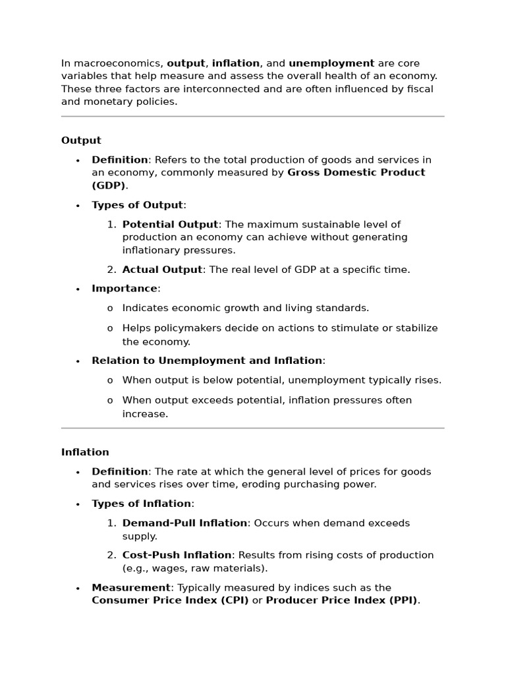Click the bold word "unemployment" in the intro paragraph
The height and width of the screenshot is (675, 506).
(x=331, y=63)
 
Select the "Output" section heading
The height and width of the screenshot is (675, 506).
(x=81, y=140)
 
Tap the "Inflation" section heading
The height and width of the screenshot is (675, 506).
(x=85, y=452)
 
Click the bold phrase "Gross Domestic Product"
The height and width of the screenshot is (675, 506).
(x=356, y=173)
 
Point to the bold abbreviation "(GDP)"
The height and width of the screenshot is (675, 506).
(x=108, y=185)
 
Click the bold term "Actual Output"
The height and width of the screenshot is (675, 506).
(x=162, y=270)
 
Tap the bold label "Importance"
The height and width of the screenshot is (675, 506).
(x=125, y=289)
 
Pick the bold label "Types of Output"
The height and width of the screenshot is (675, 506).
(x=138, y=205)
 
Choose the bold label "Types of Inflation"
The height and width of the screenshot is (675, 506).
(x=141, y=504)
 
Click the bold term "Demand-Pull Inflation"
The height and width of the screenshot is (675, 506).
(x=184, y=523)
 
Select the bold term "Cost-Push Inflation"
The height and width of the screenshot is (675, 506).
(x=177, y=555)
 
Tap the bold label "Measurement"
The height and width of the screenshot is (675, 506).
(x=131, y=587)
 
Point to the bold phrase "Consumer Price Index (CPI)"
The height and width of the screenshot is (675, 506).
(x=170, y=601)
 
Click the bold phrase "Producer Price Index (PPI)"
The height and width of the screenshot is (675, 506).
(x=341, y=601)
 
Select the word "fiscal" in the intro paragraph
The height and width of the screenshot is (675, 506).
(x=419, y=89)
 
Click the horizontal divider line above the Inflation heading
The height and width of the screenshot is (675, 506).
(x=253, y=428)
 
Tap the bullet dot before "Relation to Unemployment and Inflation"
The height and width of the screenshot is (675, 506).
(x=78, y=361)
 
